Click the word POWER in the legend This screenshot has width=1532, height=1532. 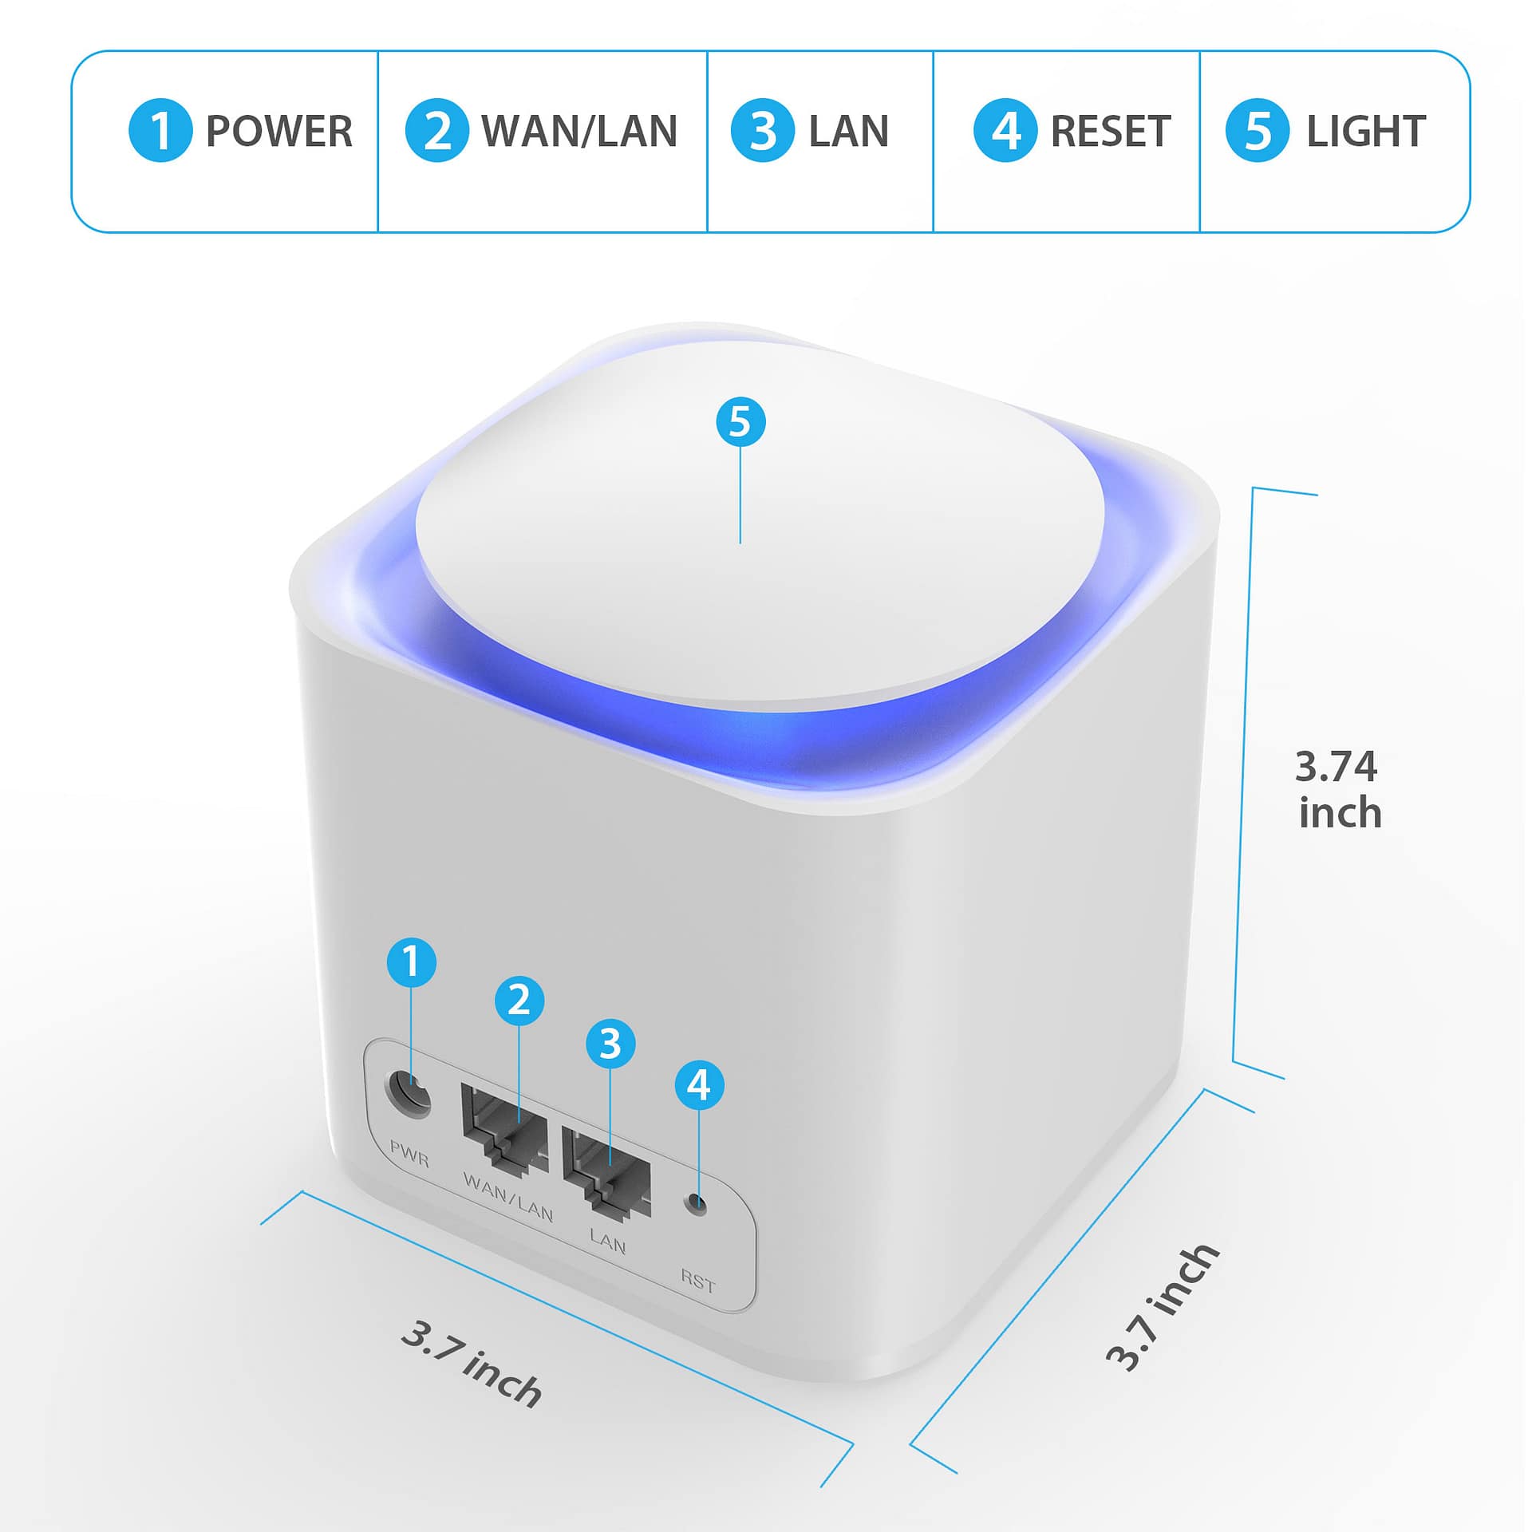tap(279, 131)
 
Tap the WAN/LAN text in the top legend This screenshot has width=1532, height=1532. tap(580, 131)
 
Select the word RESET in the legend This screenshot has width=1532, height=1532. tap(1111, 131)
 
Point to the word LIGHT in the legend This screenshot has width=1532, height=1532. tap(1366, 131)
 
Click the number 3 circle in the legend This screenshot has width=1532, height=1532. tap(763, 130)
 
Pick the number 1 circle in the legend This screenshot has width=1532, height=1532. tap(160, 130)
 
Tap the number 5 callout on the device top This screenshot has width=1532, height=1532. tap(740, 421)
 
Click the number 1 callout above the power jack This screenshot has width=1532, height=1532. tap(412, 961)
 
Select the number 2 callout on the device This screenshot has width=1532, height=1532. tap(519, 1000)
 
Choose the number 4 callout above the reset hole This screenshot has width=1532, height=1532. tap(699, 1084)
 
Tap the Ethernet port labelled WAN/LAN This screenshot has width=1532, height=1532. tap(504, 1128)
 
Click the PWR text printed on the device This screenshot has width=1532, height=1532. tap(409, 1154)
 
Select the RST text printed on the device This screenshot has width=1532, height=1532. tap(698, 1281)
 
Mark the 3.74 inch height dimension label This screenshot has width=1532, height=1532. tap(1338, 789)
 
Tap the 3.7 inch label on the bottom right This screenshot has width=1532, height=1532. tap(1163, 1307)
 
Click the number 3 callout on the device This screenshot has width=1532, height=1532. tap(610, 1043)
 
